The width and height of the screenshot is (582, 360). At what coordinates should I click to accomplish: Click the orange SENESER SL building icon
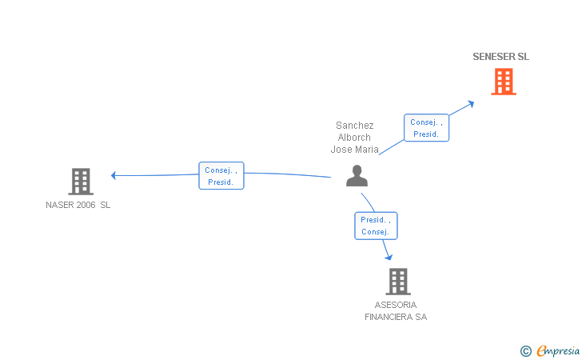(x=503, y=82)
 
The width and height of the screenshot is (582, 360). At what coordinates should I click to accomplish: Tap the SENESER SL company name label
(x=501, y=57)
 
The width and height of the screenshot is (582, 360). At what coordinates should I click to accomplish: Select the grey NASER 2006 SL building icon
(x=81, y=182)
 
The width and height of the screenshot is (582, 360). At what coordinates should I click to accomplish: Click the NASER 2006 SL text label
(x=78, y=205)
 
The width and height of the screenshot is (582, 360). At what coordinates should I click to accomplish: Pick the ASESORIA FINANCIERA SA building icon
(x=397, y=282)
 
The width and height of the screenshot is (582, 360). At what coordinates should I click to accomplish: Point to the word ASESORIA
(x=396, y=305)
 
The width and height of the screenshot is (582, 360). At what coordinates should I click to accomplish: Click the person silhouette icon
(x=357, y=176)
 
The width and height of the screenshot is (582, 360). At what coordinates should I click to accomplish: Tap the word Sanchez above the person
(x=355, y=126)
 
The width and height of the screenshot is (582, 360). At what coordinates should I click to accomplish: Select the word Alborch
(x=355, y=137)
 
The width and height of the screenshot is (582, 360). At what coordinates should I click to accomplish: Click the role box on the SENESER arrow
(x=426, y=128)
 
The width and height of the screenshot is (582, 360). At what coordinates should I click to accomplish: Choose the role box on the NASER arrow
(x=221, y=176)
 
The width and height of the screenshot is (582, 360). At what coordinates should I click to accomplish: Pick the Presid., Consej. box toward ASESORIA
(x=376, y=226)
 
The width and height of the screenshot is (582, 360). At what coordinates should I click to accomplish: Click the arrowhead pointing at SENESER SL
(x=472, y=102)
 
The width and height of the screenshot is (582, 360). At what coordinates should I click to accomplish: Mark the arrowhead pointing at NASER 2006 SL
(x=114, y=175)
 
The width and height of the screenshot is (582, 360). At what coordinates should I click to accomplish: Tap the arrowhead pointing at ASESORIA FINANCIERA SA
(x=389, y=257)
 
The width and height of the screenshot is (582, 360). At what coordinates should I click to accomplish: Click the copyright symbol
(x=525, y=350)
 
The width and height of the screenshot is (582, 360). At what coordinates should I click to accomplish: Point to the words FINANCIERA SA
(x=396, y=317)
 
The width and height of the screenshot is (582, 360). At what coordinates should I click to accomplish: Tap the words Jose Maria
(x=355, y=149)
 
